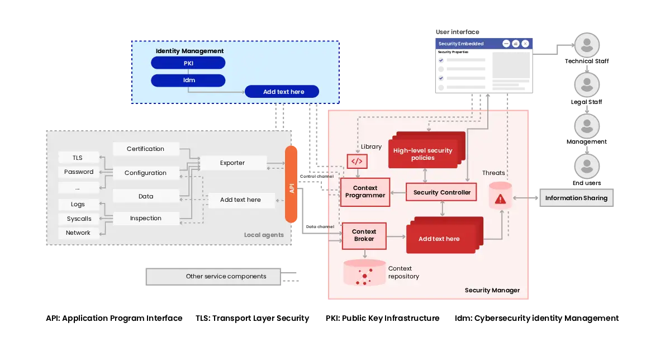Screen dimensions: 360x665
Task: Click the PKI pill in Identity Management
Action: click(x=188, y=63)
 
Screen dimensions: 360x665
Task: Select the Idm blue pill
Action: click(x=188, y=80)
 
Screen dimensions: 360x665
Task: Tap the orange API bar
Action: click(x=292, y=184)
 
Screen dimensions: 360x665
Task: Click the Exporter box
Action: click(x=232, y=163)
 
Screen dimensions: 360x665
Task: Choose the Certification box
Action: click(x=145, y=149)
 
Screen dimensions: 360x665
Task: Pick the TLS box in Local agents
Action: click(x=78, y=158)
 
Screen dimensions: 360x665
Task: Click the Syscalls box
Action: click(x=79, y=219)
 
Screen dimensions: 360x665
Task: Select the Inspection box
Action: click(x=145, y=218)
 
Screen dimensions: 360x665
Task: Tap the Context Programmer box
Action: click(x=365, y=192)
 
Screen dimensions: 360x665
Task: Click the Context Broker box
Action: click(x=364, y=235)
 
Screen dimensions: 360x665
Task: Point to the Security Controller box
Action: click(x=441, y=192)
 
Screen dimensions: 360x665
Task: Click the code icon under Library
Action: click(x=357, y=162)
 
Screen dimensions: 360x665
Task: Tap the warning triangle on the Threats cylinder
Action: click(x=500, y=198)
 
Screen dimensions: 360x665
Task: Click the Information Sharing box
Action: click(x=576, y=198)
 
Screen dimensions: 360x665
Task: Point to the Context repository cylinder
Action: click(x=364, y=273)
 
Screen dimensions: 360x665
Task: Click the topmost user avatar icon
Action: click(x=586, y=46)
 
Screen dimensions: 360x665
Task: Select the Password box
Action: click(x=79, y=172)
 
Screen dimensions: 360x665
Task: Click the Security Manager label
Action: click(x=492, y=290)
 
